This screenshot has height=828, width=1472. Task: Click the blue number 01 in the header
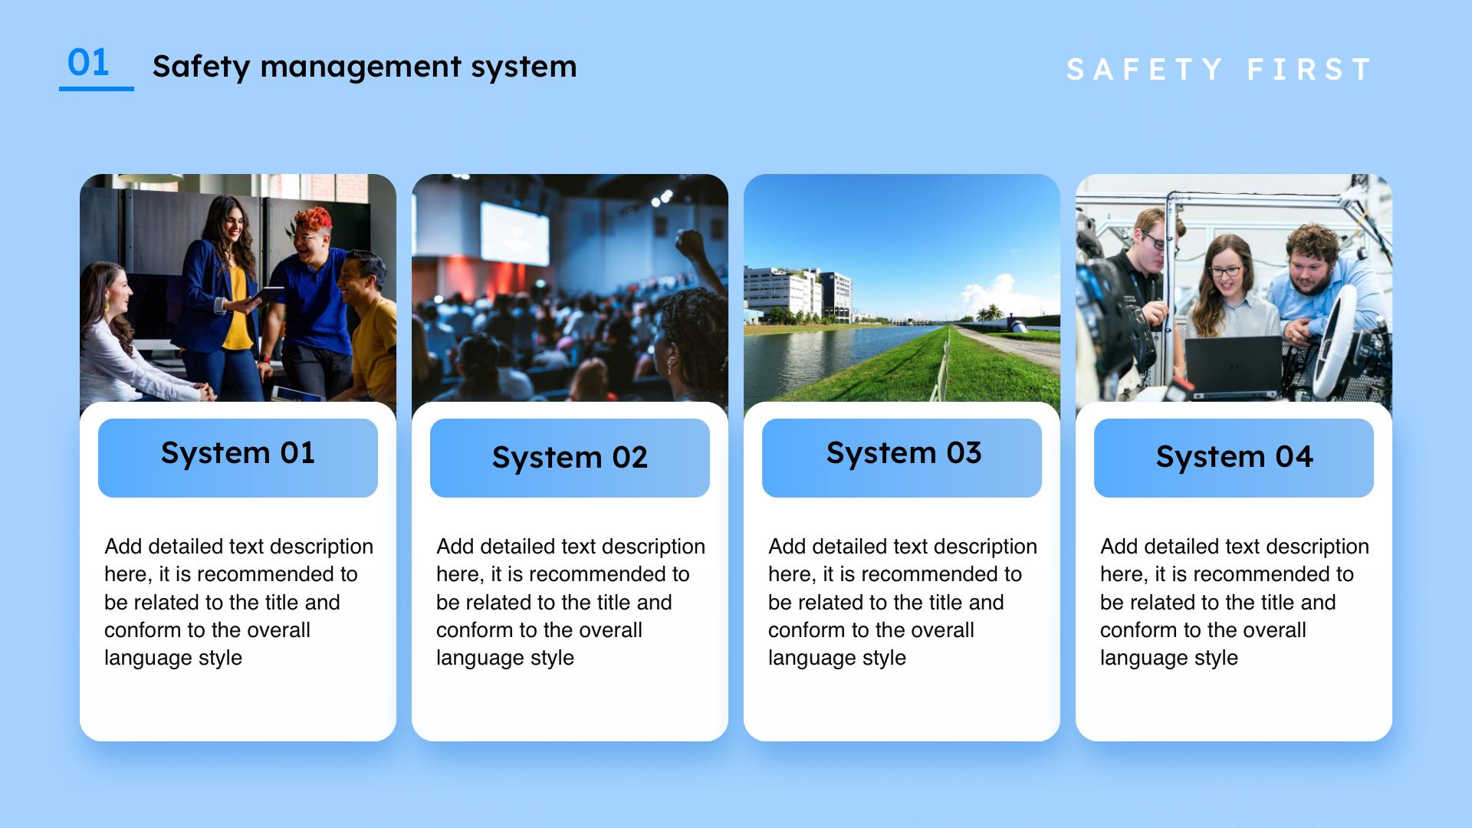[88, 62]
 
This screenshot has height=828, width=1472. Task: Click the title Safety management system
[364, 67]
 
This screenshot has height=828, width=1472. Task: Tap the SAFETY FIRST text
[1218, 70]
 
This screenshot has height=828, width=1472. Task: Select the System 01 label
[238, 453]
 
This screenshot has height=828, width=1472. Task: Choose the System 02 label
[570, 458]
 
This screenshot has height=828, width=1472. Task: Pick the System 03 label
[903, 453]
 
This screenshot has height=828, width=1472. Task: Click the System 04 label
[1234, 457]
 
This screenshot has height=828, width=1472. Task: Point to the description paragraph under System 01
[238, 602]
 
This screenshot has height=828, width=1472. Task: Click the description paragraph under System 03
[902, 602]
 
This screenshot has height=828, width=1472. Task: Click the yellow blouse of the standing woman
[237, 307]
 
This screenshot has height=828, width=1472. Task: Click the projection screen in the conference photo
[514, 230]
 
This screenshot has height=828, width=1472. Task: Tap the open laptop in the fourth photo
[1233, 366]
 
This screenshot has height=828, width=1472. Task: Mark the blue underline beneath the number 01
[97, 89]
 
